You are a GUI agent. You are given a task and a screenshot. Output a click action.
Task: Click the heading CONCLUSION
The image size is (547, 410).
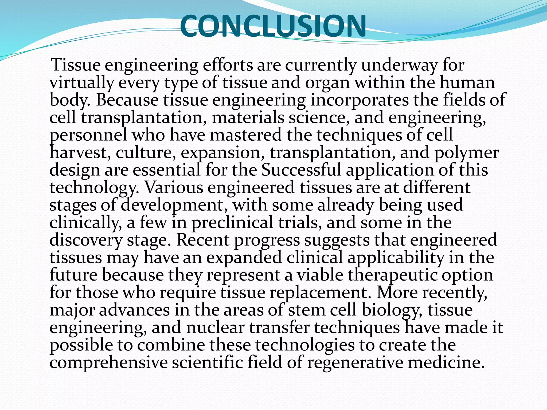click(x=273, y=26)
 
